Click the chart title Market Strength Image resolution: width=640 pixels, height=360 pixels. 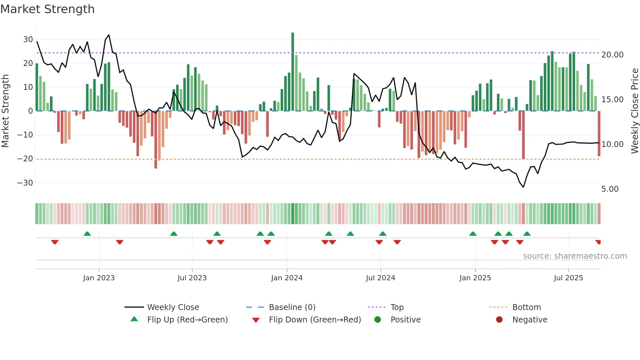[47, 9]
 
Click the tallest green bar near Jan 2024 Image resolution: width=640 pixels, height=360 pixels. [293, 72]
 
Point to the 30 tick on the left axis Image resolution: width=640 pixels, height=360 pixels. [28, 40]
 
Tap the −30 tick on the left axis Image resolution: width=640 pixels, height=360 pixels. [25, 183]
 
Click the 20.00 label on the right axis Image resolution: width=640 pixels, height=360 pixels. [612, 55]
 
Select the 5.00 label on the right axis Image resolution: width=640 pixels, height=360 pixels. [610, 189]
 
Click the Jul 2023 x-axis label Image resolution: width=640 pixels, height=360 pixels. [192, 278]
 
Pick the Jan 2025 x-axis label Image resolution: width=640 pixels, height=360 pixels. [475, 278]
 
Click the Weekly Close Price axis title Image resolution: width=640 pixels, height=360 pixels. [634, 111]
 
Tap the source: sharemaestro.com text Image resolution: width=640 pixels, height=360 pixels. [575, 256]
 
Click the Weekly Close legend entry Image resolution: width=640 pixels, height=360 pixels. [173, 307]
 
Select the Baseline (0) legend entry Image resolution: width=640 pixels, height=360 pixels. [292, 307]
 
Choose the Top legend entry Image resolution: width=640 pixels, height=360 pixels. [397, 307]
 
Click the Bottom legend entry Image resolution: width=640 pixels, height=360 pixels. [526, 307]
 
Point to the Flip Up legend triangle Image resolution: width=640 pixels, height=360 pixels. [134, 319]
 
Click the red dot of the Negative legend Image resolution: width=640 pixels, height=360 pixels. [499, 319]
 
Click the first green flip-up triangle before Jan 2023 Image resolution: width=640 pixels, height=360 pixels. [87, 234]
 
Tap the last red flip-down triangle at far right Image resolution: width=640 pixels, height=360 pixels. [598, 242]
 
